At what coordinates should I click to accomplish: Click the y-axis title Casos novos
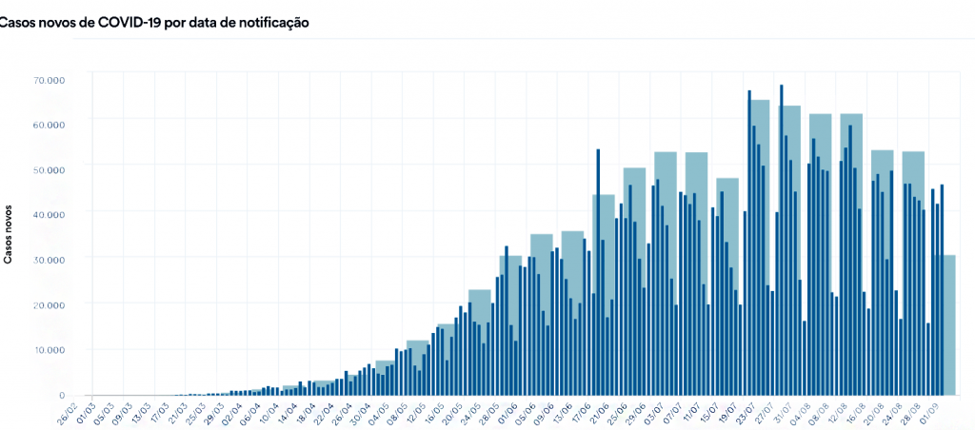(x=9, y=232)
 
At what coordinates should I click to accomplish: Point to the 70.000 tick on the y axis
(x=48, y=80)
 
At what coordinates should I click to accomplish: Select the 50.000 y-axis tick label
(x=48, y=169)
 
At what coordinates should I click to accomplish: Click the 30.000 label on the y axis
(x=48, y=260)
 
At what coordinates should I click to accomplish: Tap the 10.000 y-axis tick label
(x=48, y=350)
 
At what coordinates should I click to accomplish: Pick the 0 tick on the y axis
(x=61, y=395)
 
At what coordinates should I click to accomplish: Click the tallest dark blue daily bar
(x=782, y=238)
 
